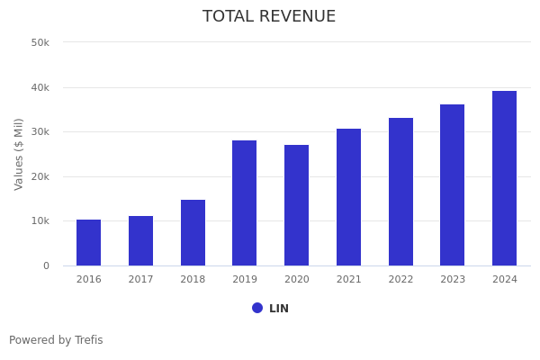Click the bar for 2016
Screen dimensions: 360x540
tap(88, 243)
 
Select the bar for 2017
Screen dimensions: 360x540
tap(140, 241)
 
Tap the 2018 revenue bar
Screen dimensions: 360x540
tap(193, 233)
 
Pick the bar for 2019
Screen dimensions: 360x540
tap(244, 203)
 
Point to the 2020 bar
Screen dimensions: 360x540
tap(296, 205)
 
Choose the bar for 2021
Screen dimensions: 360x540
tap(348, 197)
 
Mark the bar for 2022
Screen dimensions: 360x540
tap(400, 192)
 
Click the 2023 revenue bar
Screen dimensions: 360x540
tap(452, 185)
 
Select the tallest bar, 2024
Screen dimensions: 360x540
tap(504, 178)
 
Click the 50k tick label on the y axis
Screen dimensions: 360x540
tap(40, 42)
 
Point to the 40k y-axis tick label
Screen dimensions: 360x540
tap(40, 87)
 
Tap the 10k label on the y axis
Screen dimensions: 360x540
tap(40, 221)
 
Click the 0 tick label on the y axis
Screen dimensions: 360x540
tap(45, 265)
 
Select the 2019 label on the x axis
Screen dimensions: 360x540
tap(245, 280)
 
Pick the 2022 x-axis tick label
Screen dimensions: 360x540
tap(400, 280)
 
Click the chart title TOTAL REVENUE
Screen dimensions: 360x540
tap(269, 17)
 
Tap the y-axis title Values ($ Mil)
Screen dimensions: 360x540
tap(19, 154)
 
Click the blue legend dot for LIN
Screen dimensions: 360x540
tap(257, 308)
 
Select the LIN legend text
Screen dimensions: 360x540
tap(279, 309)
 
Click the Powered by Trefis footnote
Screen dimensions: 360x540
tap(56, 340)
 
